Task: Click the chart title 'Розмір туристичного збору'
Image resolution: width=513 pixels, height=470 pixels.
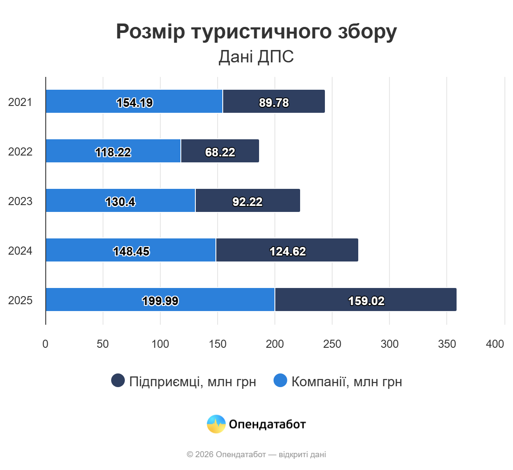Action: pos(256,32)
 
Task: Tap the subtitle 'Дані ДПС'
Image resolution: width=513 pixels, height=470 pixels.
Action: pos(256,57)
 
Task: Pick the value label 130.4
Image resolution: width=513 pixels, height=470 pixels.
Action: pos(120,202)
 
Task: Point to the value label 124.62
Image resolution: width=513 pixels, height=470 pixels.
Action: pos(288,251)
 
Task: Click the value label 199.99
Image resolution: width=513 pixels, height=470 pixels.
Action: pos(160,301)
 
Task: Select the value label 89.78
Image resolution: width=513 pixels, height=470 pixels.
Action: pos(274,103)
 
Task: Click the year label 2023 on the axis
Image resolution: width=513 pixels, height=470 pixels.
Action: pos(20,201)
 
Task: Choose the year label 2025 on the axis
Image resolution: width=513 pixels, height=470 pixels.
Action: pos(20,300)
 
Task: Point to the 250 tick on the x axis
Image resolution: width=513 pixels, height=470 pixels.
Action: pos(332,344)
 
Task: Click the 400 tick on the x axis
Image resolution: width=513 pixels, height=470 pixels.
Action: pos(495,344)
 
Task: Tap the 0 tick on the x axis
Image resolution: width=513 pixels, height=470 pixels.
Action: pos(45,344)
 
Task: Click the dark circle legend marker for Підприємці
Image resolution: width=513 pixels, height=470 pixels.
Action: pos(118,380)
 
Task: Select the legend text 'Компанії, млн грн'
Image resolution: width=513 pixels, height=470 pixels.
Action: pos(347,382)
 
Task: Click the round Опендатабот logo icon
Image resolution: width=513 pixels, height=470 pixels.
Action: pos(216,424)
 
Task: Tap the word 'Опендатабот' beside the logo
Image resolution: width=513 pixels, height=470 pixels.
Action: pos(267,424)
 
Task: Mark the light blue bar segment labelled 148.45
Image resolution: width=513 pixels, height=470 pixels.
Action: pos(85,250)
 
